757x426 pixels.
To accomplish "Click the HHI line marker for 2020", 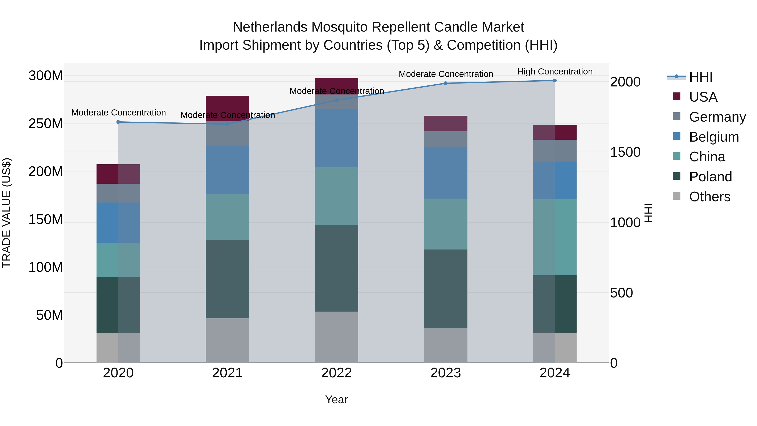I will click(x=118, y=122).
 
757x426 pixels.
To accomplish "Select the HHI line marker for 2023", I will click(x=446, y=83).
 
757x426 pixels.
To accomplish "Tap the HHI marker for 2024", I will click(x=555, y=81).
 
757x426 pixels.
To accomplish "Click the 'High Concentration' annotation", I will click(x=555, y=72).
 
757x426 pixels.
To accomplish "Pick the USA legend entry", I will click(x=703, y=97).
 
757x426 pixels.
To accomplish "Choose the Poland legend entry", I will click(x=710, y=177).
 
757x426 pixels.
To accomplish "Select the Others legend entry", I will click(x=709, y=197).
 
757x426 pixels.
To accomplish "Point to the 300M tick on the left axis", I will click(x=46, y=76).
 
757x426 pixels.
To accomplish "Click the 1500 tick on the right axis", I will click(x=625, y=152).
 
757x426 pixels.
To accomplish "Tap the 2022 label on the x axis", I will click(x=336, y=373).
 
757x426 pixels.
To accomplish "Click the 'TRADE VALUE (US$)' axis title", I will click(x=7, y=213).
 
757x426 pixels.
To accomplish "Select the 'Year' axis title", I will click(x=336, y=399).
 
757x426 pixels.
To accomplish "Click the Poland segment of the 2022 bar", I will click(x=336, y=268).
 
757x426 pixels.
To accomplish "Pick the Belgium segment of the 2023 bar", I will click(x=446, y=173).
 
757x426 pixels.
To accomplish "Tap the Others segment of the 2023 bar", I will click(x=446, y=345).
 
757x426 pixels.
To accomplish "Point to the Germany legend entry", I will click(x=717, y=117).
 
